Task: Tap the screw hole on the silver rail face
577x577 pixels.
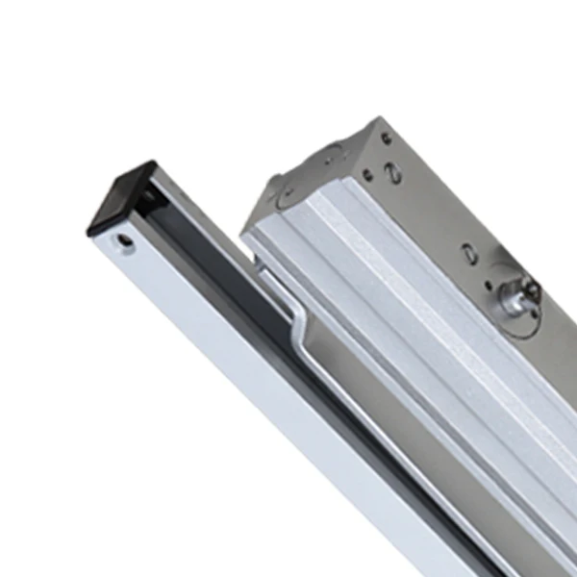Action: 122,240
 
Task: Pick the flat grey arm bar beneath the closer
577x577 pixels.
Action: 385,404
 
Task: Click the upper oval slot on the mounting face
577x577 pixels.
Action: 393,174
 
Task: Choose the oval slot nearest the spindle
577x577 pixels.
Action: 467,252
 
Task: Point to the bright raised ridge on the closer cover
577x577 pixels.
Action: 404,288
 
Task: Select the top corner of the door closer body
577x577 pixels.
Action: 375,119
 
